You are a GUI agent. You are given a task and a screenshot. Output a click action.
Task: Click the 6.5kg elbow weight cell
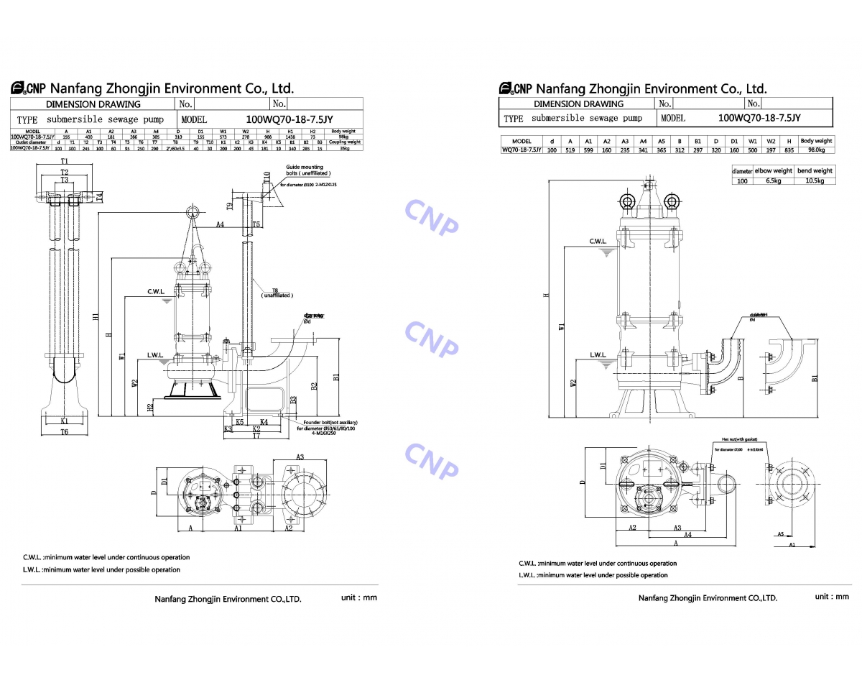tap(773, 180)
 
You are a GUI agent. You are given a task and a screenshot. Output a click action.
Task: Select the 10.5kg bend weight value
tap(815, 180)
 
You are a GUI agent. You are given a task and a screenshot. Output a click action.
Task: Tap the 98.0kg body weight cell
tap(816, 150)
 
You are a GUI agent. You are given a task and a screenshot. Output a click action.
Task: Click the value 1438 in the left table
tap(290, 136)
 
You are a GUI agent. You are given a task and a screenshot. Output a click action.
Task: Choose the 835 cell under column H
tap(789, 150)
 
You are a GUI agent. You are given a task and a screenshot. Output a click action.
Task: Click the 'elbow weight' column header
tap(773, 171)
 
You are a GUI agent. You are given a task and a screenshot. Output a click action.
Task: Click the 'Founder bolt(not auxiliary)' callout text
tap(330, 423)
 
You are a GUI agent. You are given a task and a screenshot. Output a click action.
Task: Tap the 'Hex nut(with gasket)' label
tap(739, 439)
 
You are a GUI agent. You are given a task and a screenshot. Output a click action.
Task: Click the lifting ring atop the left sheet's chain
tap(193, 211)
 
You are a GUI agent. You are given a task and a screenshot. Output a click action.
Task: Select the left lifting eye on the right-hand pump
tap(626, 201)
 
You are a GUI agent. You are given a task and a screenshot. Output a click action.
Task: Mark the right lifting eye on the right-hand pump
tap(672, 201)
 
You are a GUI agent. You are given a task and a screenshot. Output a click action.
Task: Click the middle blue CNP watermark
tap(431, 338)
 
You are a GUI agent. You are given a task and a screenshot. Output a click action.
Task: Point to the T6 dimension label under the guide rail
tap(64, 432)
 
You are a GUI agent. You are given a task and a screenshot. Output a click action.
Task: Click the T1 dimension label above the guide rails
tap(64, 161)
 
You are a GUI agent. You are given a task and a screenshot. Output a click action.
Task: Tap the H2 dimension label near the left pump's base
tap(149, 407)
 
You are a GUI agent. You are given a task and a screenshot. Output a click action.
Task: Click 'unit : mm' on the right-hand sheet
tap(832, 597)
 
